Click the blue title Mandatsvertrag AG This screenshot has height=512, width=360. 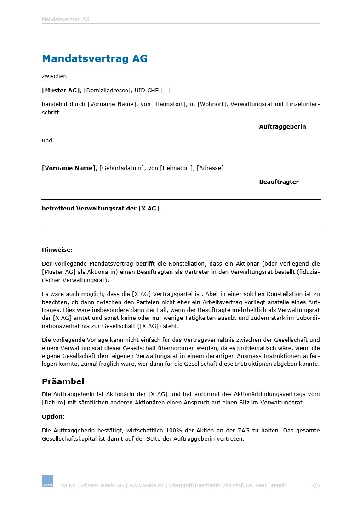[95, 59]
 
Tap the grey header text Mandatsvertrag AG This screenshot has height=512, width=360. [65, 20]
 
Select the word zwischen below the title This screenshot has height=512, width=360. [54, 76]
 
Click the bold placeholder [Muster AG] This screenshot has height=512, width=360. [61, 91]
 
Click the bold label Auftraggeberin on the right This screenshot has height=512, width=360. [282, 127]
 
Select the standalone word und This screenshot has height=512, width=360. [47, 141]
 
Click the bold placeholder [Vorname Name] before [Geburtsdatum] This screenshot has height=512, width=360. [69, 168]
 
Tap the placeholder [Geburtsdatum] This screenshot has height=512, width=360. [122, 168]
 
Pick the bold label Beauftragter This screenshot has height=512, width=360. [279, 182]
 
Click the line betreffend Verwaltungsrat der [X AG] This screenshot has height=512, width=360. [100, 209]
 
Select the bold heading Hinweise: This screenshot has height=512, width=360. [57, 250]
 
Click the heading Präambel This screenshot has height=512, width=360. [63, 381]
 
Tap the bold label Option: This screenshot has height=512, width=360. [53, 417]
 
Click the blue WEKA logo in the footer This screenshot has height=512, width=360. [47, 481]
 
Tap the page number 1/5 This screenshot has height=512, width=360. [315, 485]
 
